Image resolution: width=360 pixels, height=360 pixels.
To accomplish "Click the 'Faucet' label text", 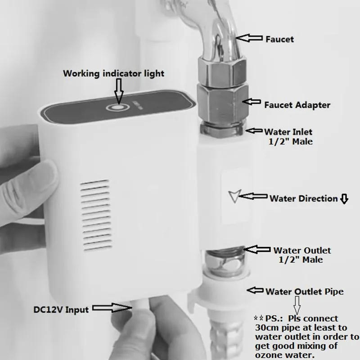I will [x=279, y=39].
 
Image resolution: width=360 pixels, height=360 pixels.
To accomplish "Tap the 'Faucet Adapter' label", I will [x=297, y=105].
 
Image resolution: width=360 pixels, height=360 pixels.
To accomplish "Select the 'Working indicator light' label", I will [x=113, y=73].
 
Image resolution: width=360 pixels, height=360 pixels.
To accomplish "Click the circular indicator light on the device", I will [x=118, y=108].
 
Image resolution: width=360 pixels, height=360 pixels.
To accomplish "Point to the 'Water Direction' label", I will [x=303, y=198].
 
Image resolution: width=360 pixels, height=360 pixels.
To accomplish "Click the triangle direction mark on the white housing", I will [x=234, y=196].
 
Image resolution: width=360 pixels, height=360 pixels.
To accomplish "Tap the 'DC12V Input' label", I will [x=61, y=309].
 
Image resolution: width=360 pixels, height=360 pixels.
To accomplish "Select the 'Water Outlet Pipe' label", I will [x=304, y=292].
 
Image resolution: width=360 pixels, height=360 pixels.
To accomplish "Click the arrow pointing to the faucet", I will [x=249, y=39].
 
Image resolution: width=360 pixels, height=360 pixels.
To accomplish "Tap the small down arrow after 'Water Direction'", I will [x=344, y=199].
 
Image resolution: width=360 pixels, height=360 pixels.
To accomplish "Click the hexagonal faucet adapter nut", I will [x=220, y=97].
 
